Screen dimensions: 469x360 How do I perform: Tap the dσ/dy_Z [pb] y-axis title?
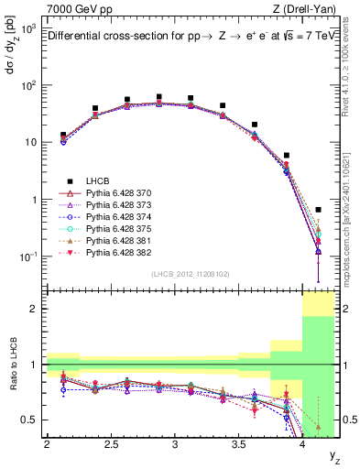[x=12, y=46]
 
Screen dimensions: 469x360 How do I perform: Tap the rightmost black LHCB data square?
[x=318, y=210]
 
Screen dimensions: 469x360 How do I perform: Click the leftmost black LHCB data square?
[x=62, y=135]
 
